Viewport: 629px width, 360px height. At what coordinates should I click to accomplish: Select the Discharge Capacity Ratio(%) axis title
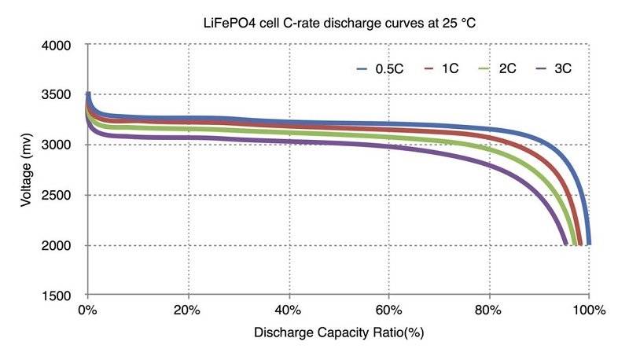[339, 332]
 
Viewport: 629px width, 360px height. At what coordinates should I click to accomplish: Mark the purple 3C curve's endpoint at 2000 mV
[565, 244]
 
